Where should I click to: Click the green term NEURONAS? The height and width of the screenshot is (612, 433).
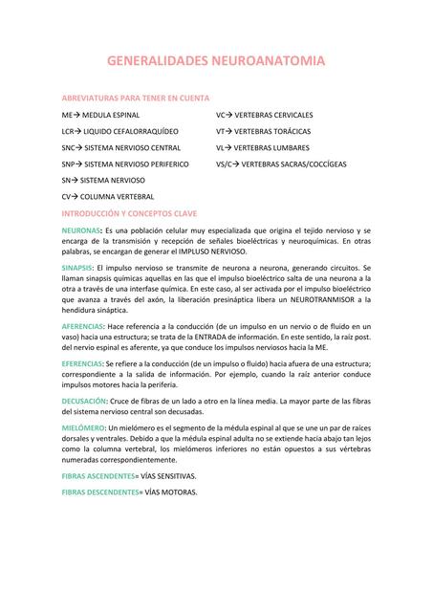[x=80, y=231]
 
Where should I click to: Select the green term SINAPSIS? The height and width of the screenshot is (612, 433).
[x=77, y=268]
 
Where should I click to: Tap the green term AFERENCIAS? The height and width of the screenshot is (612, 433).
[x=83, y=327]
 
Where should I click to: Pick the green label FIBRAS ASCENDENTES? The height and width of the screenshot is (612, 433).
[x=99, y=475]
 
